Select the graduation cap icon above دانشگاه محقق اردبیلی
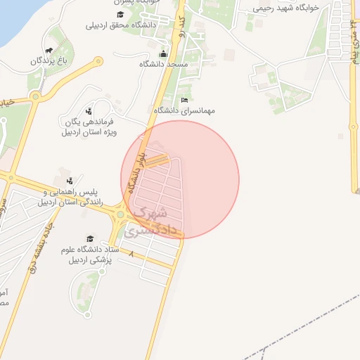(x=120, y=15)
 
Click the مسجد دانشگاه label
(x=164, y=64)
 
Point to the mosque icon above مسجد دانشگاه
(x=164, y=54)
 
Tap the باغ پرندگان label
(x=48, y=61)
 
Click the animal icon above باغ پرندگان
(x=49, y=51)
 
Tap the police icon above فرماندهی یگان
(x=89, y=110)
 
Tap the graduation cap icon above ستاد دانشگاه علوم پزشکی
(x=89, y=239)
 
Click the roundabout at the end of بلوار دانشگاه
(x=121, y=214)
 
